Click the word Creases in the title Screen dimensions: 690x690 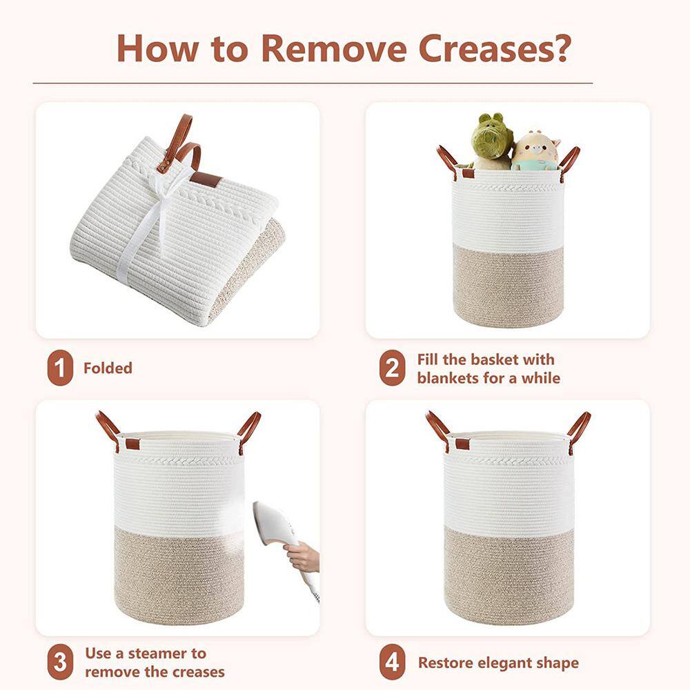(494, 48)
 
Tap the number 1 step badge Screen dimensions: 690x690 (60, 368)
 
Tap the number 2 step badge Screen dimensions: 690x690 (392, 368)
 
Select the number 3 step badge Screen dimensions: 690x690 (60, 662)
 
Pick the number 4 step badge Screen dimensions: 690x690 (392, 662)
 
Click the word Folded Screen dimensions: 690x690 (108, 368)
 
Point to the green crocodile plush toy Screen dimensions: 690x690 (491, 141)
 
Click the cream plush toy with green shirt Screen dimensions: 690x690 (535, 151)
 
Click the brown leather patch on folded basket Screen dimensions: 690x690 (206, 179)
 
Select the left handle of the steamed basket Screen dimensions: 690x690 (108, 429)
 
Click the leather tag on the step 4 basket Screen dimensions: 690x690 (462, 444)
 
